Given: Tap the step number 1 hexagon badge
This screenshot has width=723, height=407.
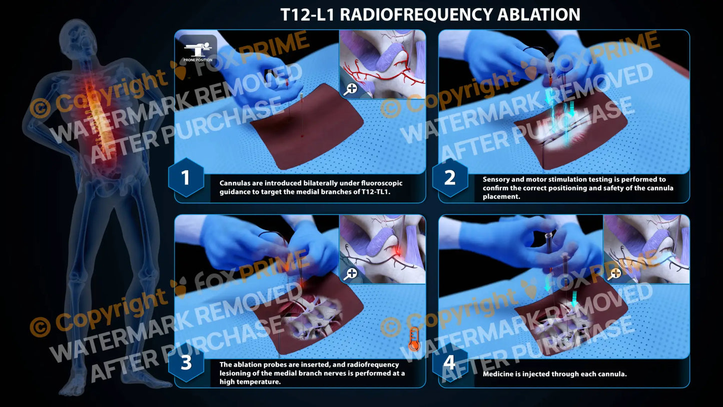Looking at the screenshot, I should [186, 178].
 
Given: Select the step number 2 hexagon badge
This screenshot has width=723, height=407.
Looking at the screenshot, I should [450, 178].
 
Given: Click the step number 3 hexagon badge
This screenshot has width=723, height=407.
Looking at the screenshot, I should [186, 363].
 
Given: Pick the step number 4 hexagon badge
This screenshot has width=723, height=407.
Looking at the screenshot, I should [450, 363].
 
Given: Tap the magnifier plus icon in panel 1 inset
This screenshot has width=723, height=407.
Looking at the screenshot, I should [351, 89].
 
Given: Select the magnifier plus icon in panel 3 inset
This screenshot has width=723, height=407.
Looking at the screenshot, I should [351, 273].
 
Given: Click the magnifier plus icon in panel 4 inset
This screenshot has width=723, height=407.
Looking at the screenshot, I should [615, 273].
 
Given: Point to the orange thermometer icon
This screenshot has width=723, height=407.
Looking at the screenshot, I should [413, 338].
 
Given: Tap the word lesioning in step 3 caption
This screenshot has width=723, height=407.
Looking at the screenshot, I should [237, 373].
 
